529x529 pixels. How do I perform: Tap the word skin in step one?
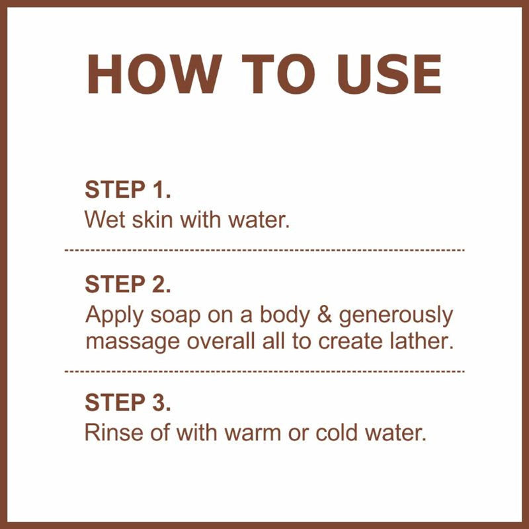[148, 220]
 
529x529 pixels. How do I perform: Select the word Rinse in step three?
[110, 433]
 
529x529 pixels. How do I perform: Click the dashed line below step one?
[264, 251]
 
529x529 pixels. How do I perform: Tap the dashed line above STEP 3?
[264, 372]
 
